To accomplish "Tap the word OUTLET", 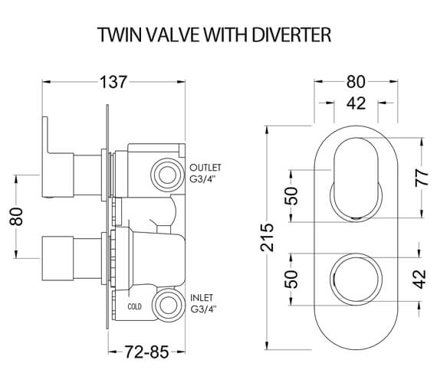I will [205, 168].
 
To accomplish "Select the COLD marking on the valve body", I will [135, 306].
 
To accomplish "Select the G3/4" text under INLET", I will [205, 310].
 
